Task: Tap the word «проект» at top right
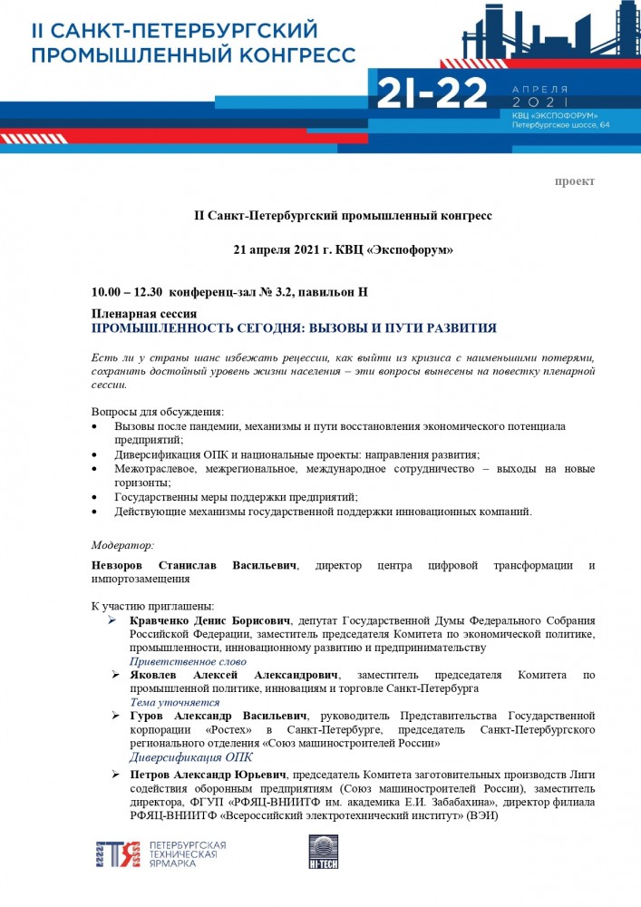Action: (575, 181)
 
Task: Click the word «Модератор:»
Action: (122, 545)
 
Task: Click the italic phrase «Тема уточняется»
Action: (175, 702)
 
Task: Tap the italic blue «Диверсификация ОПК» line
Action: (191, 757)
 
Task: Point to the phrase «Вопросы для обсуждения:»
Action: (158, 412)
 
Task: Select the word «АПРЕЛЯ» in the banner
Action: (539, 89)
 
